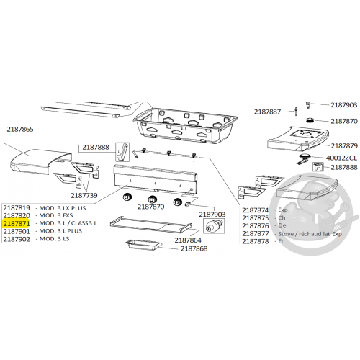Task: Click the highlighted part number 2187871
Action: tap(17, 223)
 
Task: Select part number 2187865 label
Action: tap(20, 129)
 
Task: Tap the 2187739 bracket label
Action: tap(84, 195)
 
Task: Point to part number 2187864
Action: tap(188, 240)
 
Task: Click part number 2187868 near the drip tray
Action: tap(194, 248)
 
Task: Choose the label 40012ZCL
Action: tap(341, 158)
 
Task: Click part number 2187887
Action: tap(267, 112)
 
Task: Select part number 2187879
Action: tap(344, 145)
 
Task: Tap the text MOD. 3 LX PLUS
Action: tap(63, 208)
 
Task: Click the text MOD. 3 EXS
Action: tap(56, 215)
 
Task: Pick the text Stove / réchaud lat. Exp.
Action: tap(311, 234)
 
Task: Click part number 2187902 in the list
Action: tap(17, 239)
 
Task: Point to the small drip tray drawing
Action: tap(144, 245)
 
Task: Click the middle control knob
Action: tap(153, 199)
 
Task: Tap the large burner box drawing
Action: tap(185, 126)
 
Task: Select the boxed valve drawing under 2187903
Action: tap(214, 226)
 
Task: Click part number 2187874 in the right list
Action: tap(256, 210)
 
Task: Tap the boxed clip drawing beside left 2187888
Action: tap(122, 152)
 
